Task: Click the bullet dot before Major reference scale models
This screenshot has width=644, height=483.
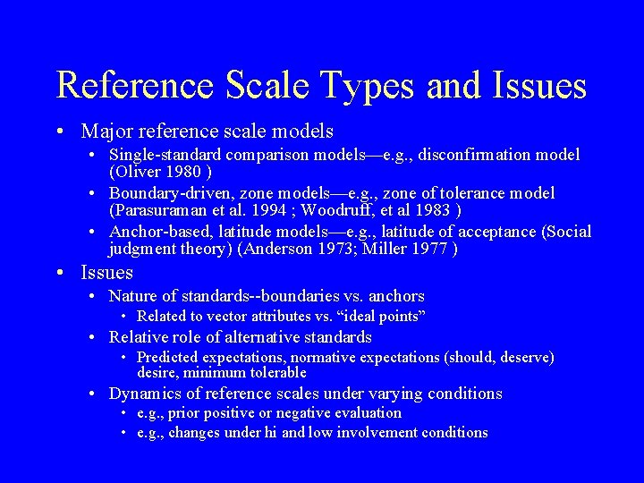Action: [58, 132]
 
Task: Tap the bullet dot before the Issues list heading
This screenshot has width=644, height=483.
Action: [58, 273]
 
